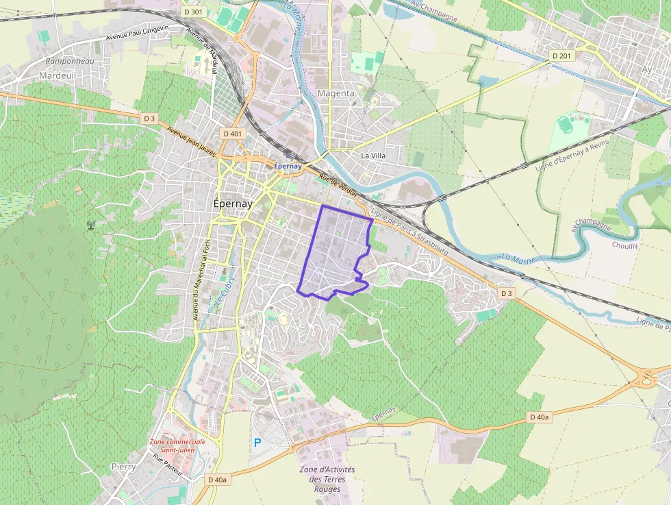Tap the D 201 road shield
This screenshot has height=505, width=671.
561,56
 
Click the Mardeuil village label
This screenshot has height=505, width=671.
58,75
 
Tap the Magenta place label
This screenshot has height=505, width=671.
336,93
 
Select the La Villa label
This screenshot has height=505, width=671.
373,156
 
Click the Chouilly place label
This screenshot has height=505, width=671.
625,245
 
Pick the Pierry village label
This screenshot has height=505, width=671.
123,467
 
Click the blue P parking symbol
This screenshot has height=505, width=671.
257,443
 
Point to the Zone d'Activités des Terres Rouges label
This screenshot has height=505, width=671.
327,479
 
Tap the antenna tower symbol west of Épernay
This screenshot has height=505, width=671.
90,224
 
